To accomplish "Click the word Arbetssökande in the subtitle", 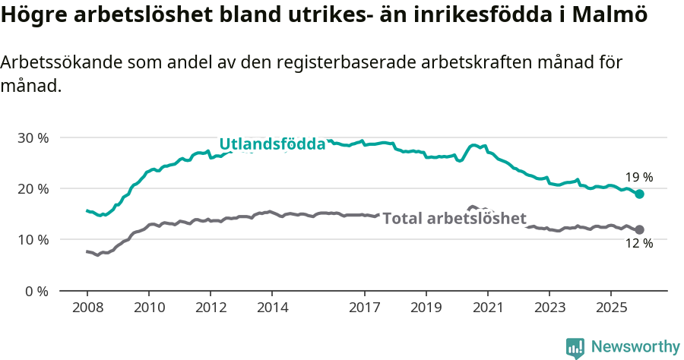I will point(59,63).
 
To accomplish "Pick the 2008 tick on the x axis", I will point(87,308).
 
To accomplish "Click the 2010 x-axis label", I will point(149,308).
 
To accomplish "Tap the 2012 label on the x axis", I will point(211,308).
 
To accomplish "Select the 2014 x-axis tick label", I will point(272,308).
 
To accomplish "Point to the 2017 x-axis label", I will point(364,308).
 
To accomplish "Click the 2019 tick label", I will point(426,308).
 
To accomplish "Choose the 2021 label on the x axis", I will point(487,308).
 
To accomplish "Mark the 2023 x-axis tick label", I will point(549,308).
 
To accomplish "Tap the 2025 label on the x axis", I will point(611,308).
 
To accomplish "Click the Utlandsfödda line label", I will point(272,144).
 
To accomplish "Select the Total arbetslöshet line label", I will point(454,219).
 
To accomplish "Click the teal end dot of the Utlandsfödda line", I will point(639,194).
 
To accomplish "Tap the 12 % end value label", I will point(639,244).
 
